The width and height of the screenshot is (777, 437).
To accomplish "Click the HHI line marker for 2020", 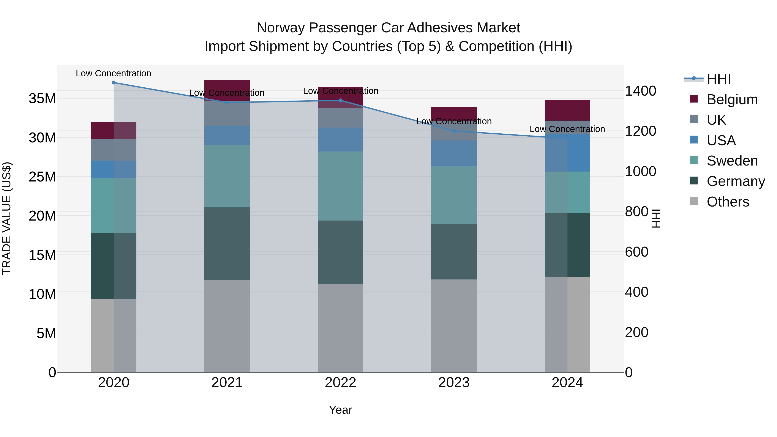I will click(114, 83).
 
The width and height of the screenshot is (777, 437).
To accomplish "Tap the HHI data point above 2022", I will click(341, 100).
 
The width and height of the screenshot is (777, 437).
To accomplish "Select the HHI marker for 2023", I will click(454, 131).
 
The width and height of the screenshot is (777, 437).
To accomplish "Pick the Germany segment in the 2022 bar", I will click(341, 252).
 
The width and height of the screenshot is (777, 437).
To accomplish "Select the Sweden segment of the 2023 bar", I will click(454, 195).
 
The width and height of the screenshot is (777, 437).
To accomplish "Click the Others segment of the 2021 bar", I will click(227, 326).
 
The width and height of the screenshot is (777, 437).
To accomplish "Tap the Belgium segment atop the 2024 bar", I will click(567, 110).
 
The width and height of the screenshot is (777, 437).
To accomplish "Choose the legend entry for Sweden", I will click(732, 161).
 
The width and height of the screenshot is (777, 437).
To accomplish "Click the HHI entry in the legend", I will click(719, 79).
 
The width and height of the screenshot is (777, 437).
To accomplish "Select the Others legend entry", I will click(728, 202).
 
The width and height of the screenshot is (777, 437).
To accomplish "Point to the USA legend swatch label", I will click(721, 140).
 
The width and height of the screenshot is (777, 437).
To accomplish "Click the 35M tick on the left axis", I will click(42, 99).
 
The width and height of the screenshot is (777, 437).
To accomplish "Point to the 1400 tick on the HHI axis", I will click(640, 91).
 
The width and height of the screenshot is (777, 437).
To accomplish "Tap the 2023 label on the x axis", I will click(454, 383).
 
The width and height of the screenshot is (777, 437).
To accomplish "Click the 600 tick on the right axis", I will click(636, 252).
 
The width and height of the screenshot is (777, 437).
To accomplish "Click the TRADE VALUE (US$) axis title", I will click(7, 218).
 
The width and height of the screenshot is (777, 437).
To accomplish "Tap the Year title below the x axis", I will click(341, 410).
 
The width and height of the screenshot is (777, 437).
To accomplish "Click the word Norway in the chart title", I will click(281, 28).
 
